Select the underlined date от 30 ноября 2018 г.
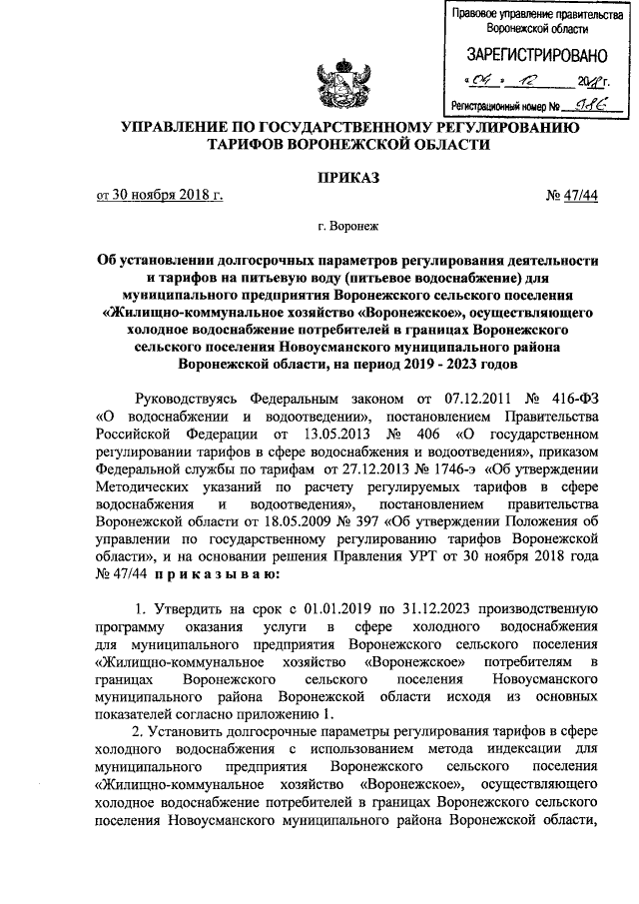[158, 196]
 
